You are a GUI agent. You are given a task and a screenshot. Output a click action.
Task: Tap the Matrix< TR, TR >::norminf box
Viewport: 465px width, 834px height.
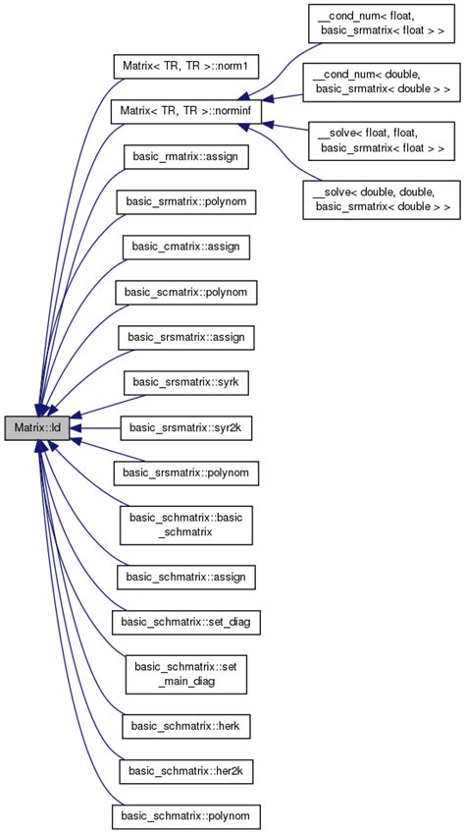tap(186, 112)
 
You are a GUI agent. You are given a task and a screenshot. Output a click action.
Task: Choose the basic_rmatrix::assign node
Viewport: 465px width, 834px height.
tap(186, 156)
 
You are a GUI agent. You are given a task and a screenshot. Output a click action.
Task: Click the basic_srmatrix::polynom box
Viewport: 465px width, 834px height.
tap(186, 201)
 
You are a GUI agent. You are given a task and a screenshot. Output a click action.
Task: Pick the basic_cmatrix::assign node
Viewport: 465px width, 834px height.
tap(186, 247)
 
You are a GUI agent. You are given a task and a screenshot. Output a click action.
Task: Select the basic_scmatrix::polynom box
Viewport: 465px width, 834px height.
tap(186, 292)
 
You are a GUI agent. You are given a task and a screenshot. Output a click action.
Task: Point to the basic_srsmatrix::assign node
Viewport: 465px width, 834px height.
tap(186, 337)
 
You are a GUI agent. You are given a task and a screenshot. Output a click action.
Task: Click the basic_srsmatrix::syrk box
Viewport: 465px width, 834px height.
tap(186, 382)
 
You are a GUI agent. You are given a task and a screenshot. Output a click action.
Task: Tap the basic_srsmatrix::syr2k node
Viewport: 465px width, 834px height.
tap(186, 428)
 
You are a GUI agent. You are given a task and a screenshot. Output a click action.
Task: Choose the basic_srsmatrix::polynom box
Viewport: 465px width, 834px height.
tap(186, 473)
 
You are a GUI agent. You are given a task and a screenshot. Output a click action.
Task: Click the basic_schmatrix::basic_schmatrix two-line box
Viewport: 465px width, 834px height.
tap(186, 525)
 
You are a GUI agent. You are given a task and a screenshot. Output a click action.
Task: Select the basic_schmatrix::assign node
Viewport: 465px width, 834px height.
tap(186, 577)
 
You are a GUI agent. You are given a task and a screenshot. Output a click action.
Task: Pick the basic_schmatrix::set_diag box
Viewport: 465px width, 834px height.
tap(186, 622)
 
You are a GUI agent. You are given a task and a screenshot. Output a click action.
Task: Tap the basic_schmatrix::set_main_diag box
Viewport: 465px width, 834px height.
tap(186, 674)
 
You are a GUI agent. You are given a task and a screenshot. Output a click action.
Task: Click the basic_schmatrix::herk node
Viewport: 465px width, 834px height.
tap(186, 726)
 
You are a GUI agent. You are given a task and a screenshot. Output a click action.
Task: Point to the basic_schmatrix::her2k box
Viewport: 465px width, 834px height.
tap(186, 771)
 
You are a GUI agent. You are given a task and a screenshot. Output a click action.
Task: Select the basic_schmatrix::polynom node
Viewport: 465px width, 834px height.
tap(186, 816)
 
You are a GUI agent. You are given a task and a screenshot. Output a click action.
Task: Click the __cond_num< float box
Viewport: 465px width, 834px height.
tap(381, 23)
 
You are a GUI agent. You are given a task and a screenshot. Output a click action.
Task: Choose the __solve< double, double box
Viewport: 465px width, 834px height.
tap(381, 199)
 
